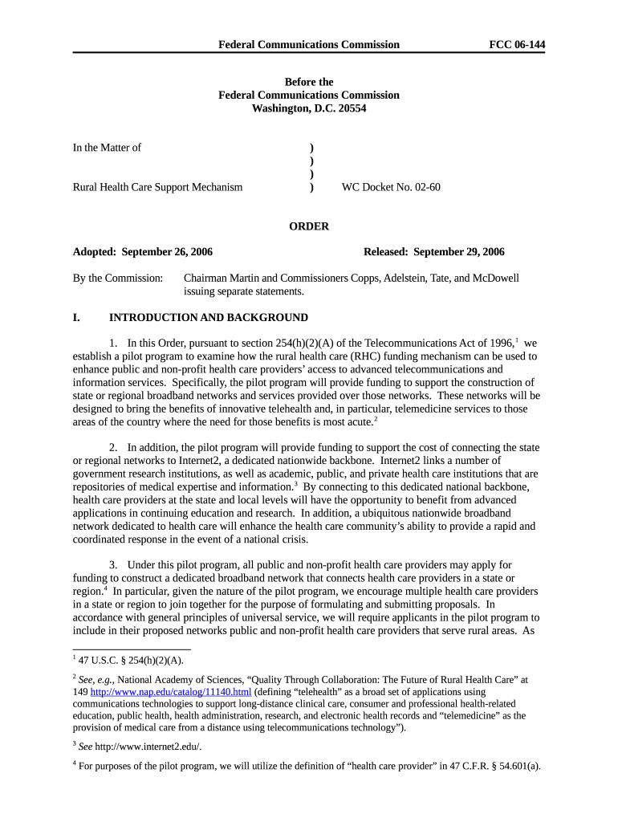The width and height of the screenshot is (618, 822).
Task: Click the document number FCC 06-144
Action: click(517, 45)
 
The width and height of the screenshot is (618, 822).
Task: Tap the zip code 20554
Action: click(350, 108)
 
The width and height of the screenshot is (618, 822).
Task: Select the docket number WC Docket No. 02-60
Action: click(391, 187)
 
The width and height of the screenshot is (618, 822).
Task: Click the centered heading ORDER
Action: click(309, 226)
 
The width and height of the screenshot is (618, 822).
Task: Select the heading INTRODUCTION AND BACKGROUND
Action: click(209, 318)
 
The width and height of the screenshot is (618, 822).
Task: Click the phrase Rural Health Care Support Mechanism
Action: click(157, 187)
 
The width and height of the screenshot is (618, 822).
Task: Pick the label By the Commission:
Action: click(118, 279)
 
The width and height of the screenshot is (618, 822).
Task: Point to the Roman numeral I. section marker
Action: click(76, 318)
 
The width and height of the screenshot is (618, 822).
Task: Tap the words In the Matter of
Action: click(107, 148)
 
